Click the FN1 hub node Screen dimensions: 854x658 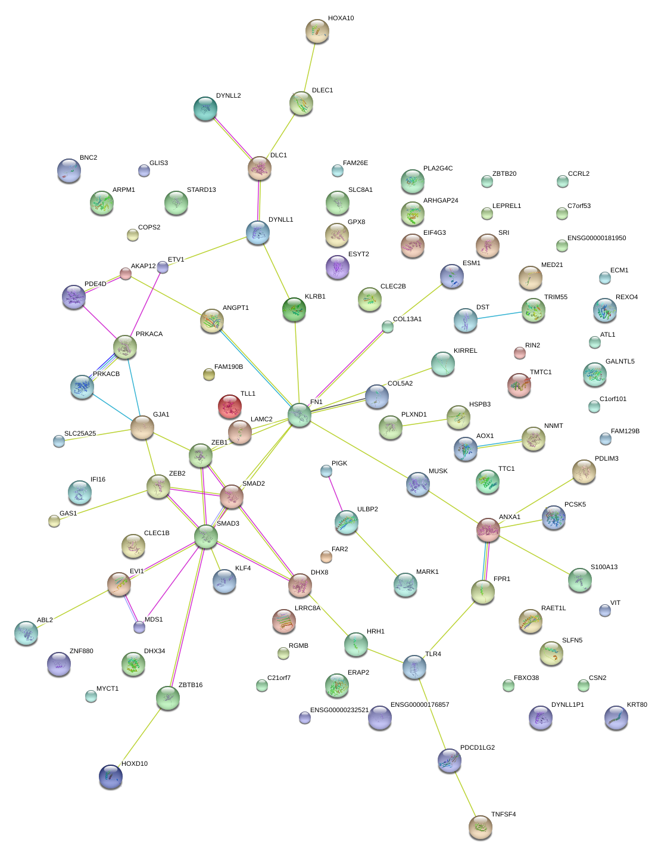(300, 415)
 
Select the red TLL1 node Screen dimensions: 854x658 (230, 407)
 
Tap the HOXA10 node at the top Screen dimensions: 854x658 (317, 32)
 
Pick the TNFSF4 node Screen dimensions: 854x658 (481, 827)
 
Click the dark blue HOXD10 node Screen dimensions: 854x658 (111, 777)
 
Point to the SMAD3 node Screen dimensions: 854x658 (206, 536)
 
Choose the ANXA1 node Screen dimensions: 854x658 (488, 530)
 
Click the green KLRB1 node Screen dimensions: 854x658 (294, 309)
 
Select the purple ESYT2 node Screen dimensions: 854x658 (338, 266)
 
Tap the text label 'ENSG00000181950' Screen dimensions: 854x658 (596, 238)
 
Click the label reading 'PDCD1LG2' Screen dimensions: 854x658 (477, 747)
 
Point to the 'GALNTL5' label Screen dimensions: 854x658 (620, 362)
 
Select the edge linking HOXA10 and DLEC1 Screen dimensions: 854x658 (310, 67)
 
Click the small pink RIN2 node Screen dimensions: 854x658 (520, 353)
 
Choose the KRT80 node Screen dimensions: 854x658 (616, 718)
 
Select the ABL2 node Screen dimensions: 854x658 (26, 633)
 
